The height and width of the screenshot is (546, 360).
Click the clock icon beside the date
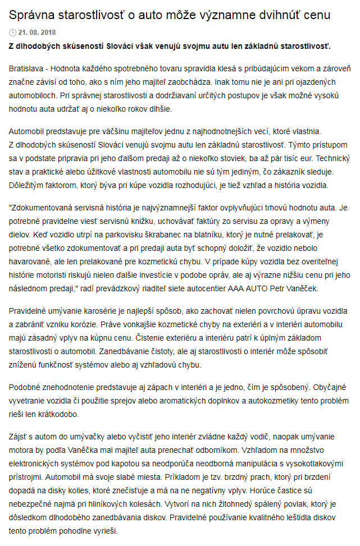tap(13, 33)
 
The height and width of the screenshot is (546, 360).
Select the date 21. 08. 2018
tap(38, 33)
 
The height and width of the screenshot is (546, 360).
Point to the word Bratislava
tap(26, 68)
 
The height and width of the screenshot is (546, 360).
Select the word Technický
tap(331, 159)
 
